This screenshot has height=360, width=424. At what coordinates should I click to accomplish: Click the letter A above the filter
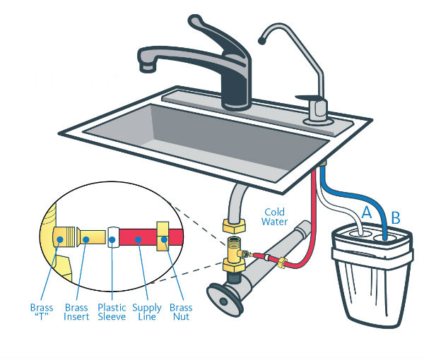coord(366,212)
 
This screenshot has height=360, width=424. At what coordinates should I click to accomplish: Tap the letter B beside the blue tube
coord(396,217)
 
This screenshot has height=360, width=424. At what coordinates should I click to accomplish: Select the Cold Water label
coord(274,217)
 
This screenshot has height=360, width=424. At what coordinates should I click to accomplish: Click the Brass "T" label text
coord(42,312)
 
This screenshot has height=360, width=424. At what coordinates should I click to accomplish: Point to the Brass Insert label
coord(76,312)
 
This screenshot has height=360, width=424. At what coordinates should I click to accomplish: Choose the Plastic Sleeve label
coord(112,312)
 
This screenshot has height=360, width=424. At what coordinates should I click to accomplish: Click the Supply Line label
coord(147,312)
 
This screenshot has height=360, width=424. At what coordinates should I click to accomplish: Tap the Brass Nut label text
coord(181,312)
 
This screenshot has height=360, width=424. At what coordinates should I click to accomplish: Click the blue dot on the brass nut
coord(164,239)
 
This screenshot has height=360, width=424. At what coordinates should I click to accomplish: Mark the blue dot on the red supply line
coord(139,239)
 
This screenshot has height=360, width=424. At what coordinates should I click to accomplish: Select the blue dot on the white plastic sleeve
coord(112,239)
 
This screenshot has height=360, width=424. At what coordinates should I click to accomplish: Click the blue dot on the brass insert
coord(86,239)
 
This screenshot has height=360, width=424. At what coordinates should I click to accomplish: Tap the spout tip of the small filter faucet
coord(261,41)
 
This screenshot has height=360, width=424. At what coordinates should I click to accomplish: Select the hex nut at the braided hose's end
coord(234,226)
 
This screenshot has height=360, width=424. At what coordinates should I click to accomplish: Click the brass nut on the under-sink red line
coord(282,262)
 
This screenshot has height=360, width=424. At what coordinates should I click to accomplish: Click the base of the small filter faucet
coord(318,121)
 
